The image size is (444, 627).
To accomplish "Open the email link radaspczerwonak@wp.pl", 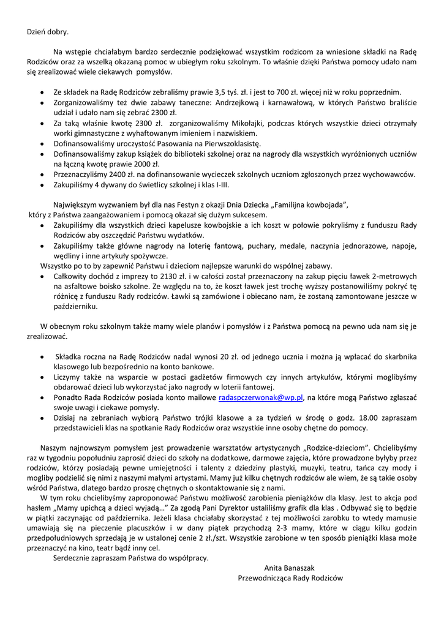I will (x=262, y=397).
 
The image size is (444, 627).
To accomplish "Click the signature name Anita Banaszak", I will (x=290, y=568).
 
